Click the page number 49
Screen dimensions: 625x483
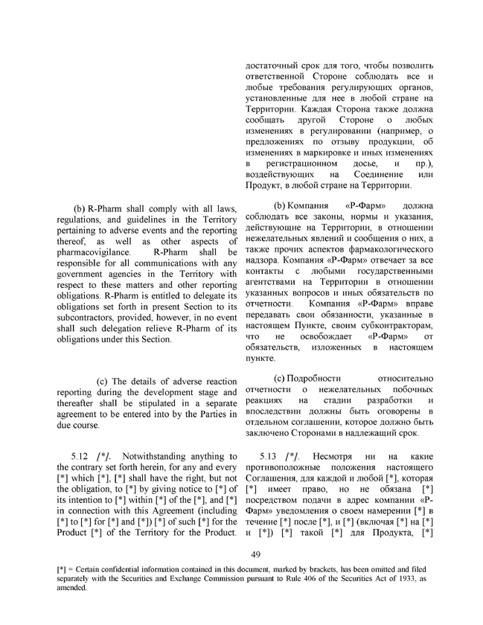click(254, 554)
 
